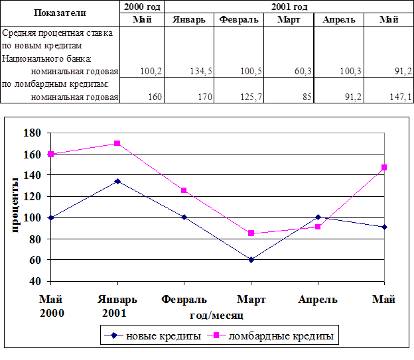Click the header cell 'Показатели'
[60, 13]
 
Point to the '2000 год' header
[142, 7]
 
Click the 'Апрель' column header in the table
[339, 19]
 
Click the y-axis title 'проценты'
[13, 206]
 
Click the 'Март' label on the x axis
[251, 300]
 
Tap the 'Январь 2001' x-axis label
[117, 306]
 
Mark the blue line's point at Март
[251, 260]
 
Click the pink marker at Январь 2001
[117, 143]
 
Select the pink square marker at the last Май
[384, 168]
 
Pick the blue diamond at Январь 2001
[117, 181]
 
